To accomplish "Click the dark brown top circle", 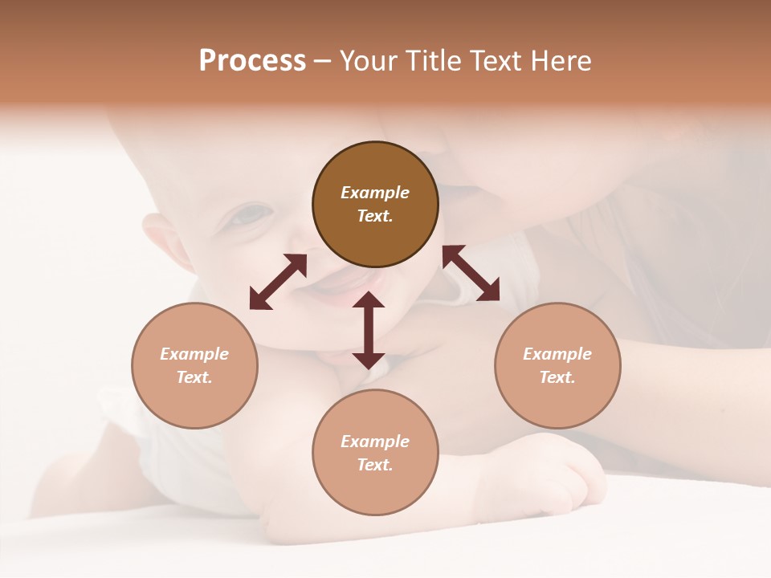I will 375,205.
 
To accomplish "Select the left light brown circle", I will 194,365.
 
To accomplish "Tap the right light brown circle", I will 557,365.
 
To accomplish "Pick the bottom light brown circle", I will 375,452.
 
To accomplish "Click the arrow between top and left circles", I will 278,282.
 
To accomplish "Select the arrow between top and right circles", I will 471,273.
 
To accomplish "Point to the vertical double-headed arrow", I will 369,330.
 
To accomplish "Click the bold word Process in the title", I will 252,60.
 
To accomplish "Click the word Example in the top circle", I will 375,193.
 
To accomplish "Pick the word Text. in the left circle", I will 194,377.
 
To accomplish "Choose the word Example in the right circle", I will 557,354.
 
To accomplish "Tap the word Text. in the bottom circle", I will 375,465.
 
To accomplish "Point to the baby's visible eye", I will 251,215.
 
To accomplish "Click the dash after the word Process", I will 322,61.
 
